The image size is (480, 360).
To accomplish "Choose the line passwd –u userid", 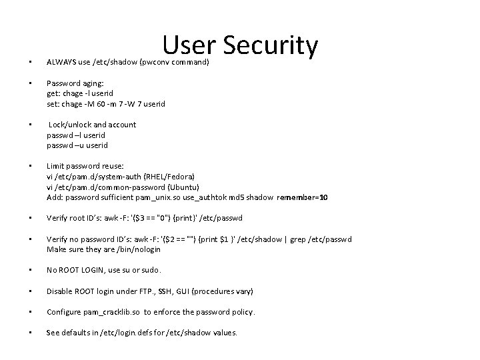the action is [77, 145].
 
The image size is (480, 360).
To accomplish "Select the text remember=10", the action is [304, 197].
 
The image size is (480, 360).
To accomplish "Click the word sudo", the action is [151, 270].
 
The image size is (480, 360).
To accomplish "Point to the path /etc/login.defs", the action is [123, 333].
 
